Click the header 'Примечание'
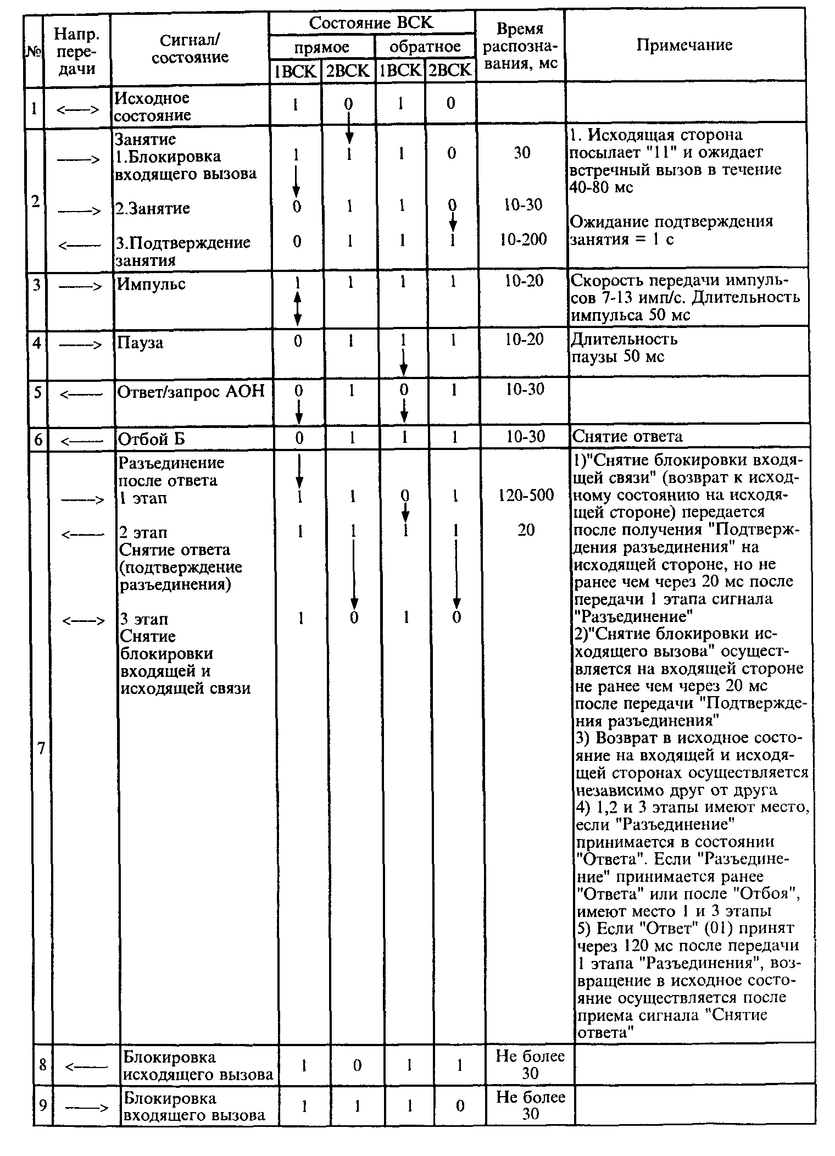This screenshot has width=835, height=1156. pos(684,45)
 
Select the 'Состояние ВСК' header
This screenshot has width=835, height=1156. pos(371,23)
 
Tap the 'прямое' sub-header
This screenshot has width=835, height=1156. pos(321,47)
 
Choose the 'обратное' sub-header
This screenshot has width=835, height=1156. pos(425,47)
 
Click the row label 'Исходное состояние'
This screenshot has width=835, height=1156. pos(153,107)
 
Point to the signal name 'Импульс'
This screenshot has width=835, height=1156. pos(151,284)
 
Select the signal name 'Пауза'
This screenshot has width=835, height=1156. pos(140,343)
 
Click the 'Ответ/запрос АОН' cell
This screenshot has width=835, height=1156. pos(191,391)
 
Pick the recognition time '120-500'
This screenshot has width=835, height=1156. pos(526,495)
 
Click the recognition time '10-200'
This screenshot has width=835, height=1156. pos(522,240)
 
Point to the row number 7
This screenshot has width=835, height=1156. pos(41,748)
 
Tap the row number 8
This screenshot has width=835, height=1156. pos(43,1065)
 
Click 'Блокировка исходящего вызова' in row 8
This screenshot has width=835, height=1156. pos(198,1066)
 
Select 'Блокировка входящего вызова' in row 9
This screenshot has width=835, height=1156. pos(193,1107)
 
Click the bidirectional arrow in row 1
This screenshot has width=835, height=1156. pos(77,109)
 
